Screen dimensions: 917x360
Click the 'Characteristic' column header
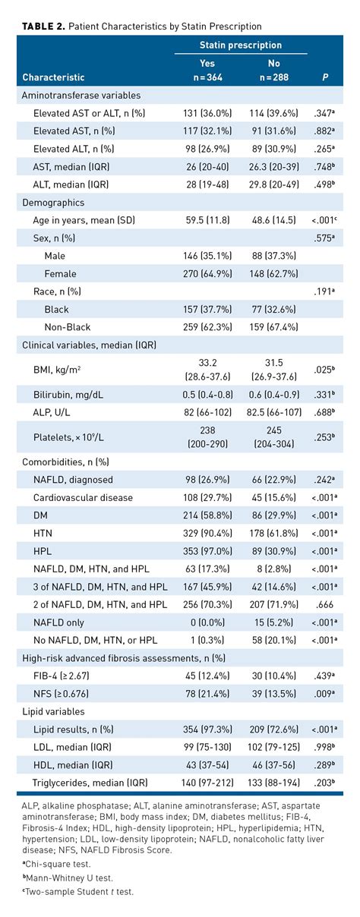(53, 77)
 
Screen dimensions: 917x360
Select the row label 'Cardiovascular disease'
(83, 497)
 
